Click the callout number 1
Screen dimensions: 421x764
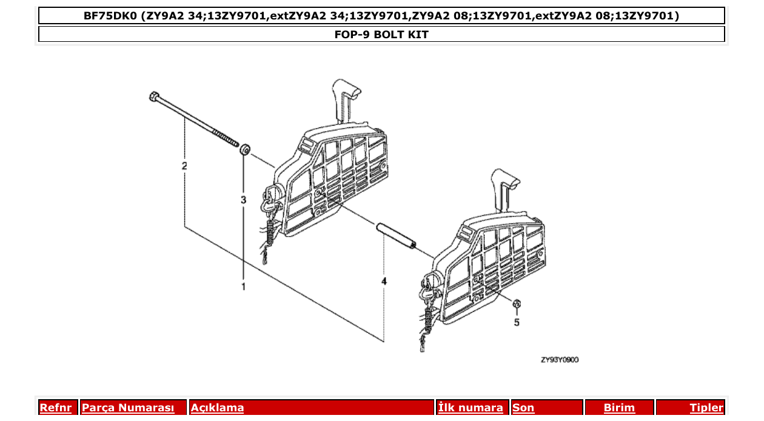244,286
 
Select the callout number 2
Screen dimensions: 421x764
184,166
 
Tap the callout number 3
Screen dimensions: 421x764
244,199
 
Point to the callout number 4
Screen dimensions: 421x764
384,281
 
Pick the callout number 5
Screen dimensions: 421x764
517,322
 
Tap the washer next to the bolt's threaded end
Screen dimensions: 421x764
245,149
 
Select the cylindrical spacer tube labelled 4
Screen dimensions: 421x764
395,236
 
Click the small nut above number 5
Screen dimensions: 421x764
517,304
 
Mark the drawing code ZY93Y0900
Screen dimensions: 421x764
560,360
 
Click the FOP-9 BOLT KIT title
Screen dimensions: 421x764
381,35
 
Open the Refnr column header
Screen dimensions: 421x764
55,408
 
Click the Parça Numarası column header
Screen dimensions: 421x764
128,408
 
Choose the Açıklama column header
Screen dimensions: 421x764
217,408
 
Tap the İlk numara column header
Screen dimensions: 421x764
471,408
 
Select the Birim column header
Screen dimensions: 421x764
619,408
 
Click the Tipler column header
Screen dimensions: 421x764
706,408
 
